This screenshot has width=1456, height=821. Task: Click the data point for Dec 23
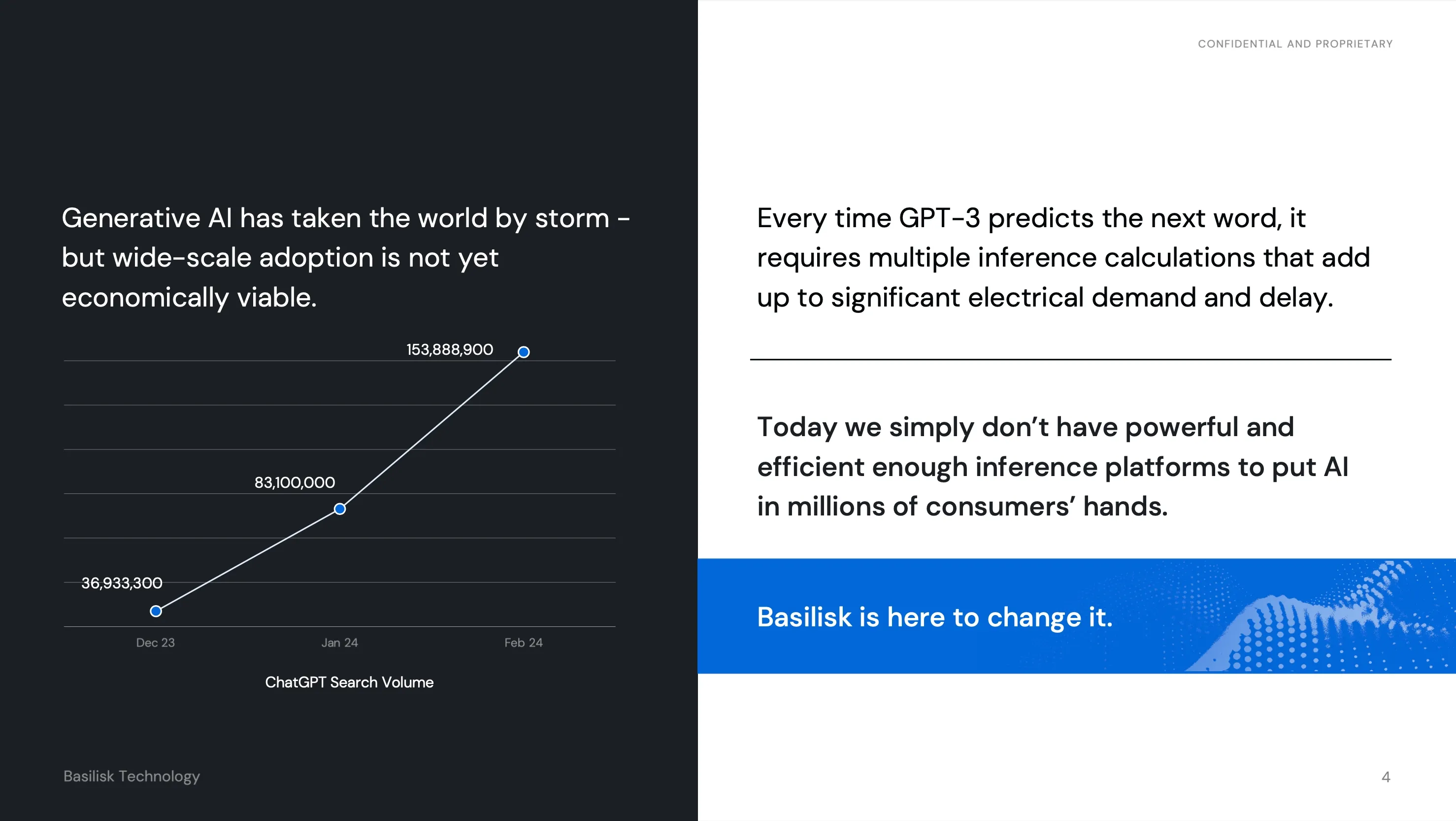pyautogui.click(x=156, y=611)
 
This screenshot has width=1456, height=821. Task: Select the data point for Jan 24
pyautogui.click(x=340, y=509)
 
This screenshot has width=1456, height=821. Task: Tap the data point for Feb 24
pyautogui.click(x=524, y=352)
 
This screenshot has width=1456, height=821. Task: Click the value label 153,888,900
pyautogui.click(x=450, y=349)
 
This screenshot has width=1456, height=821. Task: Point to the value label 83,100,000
pyautogui.click(x=295, y=482)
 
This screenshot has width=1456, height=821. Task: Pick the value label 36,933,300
pyautogui.click(x=122, y=583)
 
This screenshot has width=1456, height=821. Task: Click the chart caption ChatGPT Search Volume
pyautogui.click(x=349, y=682)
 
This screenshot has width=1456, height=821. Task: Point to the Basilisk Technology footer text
pyautogui.click(x=132, y=776)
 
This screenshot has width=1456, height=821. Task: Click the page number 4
pyautogui.click(x=1386, y=777)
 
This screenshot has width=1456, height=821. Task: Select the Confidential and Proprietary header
pyautogui.click(x=1295, y=44)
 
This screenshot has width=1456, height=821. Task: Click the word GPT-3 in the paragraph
pyautogui.click(x=939, y=218)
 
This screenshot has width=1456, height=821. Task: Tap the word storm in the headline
pyautogui.click(x=572, y=218)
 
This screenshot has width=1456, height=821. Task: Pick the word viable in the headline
pyautogui.click(x=276, y=298)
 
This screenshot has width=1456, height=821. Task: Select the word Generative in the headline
pyautogui.click(x=131, y=218)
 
